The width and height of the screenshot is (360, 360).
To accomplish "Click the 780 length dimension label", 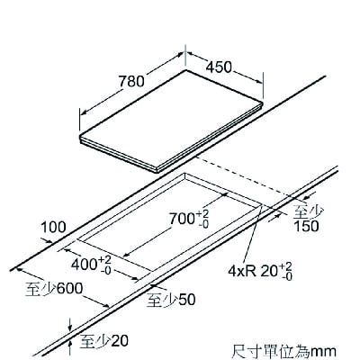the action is (131, 81).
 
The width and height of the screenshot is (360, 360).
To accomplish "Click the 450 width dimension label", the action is (219, 67).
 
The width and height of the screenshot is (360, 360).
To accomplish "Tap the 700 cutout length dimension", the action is (190, 219).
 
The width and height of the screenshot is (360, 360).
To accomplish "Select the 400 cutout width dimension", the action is (92, 265).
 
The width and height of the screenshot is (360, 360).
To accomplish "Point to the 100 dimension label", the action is (53, 228).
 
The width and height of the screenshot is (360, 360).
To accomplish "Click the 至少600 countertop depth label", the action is (54, 289).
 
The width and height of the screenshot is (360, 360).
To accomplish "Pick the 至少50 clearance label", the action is (171, 300).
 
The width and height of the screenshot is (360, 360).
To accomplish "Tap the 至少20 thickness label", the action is (104, 341).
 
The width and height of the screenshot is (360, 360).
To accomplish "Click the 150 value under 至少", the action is (306, 227).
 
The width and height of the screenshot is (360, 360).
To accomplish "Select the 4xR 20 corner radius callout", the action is (260, 272).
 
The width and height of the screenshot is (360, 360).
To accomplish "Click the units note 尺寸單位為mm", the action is (283, 351).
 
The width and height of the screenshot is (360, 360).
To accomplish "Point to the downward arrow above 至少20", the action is (70, 325).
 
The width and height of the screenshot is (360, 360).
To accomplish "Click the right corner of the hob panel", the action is (263, 103).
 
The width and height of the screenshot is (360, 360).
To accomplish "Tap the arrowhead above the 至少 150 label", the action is (308, 198).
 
